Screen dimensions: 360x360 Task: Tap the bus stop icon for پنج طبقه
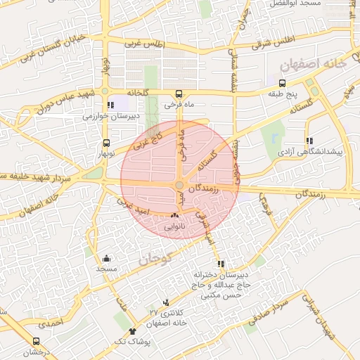(x=282, y=83)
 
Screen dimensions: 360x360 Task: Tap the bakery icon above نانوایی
(x=174, y=217)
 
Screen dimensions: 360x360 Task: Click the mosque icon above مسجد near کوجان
(x=106, y=258)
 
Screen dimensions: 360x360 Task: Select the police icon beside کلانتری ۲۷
(x=166, y=301)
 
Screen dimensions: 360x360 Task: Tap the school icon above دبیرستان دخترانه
(x=222, y=264)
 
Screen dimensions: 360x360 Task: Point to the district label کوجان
(x=155, y=259)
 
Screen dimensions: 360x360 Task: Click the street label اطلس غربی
(x=143, y=42)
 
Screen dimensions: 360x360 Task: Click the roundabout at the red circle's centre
(x=180, y=185)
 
